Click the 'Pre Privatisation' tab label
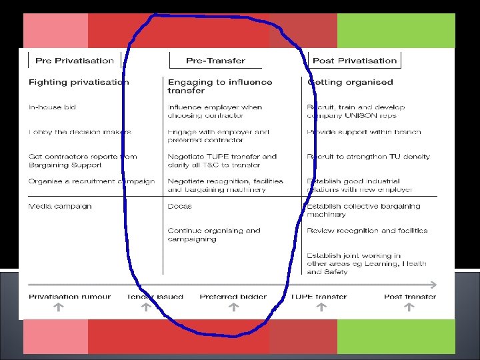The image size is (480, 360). pos(75,61)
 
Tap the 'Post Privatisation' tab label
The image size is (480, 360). pos(354,61)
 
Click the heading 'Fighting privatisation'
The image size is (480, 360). pos(79,83)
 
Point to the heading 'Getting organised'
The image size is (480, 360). pos(350,83)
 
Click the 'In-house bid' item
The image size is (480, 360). pos(52,107)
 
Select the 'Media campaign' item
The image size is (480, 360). pos(60,207)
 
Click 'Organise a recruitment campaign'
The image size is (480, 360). pos(91,181)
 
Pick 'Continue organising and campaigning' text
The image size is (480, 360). pos(214,235)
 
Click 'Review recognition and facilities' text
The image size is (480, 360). pos(367,231)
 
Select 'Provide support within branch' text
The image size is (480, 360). pos(364,132)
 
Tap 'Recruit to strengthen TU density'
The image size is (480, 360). pos(369,157)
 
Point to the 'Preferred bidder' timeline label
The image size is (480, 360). pos(233,297)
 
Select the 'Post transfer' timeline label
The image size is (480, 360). pos(410,297)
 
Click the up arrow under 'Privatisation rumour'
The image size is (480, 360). pos(58,307)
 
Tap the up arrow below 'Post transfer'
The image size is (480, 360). pos(409,307)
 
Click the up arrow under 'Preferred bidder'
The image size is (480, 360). pos(233,307)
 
